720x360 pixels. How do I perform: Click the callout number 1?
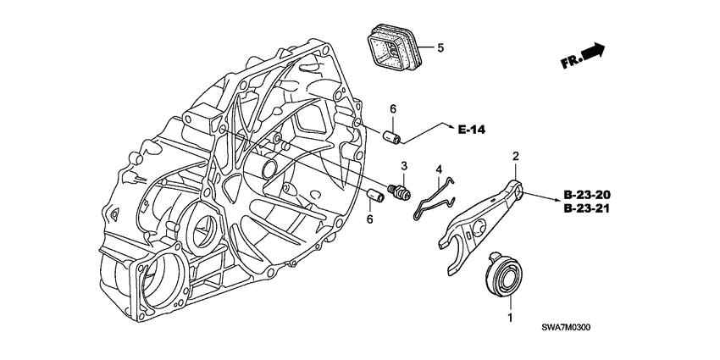tap(510, 318)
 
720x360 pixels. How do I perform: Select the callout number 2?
tap(514, 156)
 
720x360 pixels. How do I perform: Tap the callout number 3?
tap(405, 165)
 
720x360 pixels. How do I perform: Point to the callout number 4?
tap(439, 169)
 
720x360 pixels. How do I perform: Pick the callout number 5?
tap(440, 47)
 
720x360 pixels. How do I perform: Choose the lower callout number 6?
tap(369, 219)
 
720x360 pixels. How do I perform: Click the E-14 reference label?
tap(474, 130)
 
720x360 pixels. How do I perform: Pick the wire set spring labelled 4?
tap(434, 200)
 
